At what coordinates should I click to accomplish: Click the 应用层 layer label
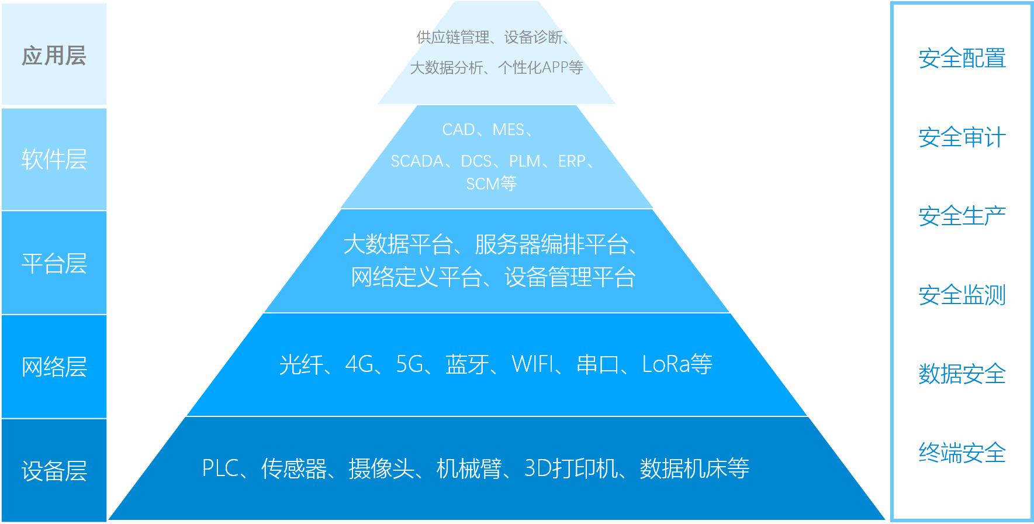click(x=54, y=56)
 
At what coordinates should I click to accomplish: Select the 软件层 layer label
click(x=54, y=159)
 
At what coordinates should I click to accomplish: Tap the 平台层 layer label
click(x=54, y=263)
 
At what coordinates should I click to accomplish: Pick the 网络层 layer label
click(x=54, y=367)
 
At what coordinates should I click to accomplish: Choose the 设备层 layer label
click(x=54, y=471)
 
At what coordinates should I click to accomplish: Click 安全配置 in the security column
click(x=962, y=58)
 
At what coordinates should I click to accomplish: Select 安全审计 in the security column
click(x=962, y=137)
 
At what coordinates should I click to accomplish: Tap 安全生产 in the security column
click(x=962, y=216)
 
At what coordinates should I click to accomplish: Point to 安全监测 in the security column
click(x=962, y=295)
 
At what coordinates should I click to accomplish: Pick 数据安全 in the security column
click(x=962, y=374)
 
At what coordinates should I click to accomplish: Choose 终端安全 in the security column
click(x=962, y=453)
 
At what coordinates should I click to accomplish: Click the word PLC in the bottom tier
click(x=220, y=468)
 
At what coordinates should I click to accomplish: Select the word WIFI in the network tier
click(x=532, y=364)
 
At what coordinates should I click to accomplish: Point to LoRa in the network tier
click(x=666, y=364)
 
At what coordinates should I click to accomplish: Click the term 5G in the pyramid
click(x=409, y=364)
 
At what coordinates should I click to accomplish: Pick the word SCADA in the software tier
click(x=417, y=161)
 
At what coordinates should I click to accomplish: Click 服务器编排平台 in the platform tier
click(x=551, y=244)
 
